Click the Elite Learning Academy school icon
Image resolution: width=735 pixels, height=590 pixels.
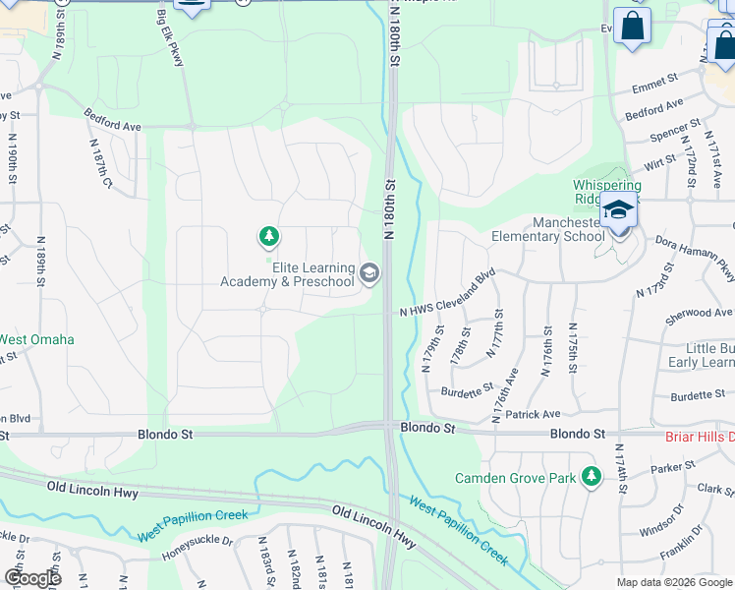coord(369,273)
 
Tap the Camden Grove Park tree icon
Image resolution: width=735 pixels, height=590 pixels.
coord(591,477)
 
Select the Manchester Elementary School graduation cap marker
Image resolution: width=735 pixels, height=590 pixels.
coord(619,211)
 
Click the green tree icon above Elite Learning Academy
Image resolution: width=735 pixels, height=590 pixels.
coord(268,236)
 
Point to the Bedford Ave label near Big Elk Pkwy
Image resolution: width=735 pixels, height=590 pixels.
coord(112,120)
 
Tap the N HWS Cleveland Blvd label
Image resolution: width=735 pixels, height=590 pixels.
coord(446,293)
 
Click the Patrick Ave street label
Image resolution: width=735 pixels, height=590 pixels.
coord(537,414)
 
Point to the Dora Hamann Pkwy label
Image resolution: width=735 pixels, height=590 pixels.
coord(695,256)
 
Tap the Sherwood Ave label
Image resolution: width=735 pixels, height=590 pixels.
coord(700,313)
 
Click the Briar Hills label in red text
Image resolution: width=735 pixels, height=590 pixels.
coord(700,437)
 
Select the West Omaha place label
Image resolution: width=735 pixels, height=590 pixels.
coord(36,339)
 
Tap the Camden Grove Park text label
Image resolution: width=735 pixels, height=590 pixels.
coord(515,479)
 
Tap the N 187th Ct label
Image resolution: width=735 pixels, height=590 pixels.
coord(100,162)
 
